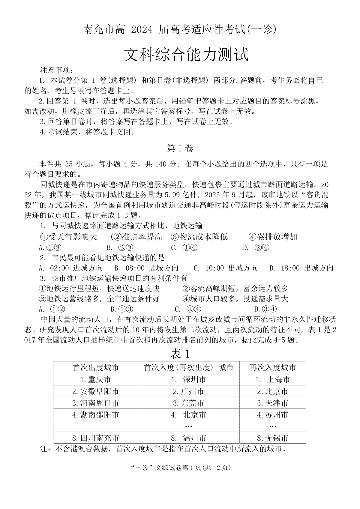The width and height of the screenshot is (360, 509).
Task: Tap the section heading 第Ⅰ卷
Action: coord(180,148)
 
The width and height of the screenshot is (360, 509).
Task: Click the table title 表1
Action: coord(180,354)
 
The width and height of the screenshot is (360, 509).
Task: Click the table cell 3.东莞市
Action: coord(188,403)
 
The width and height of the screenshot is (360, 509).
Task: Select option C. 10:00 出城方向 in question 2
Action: coord(226,268)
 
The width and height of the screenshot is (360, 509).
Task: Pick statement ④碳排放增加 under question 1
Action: coord(273,237)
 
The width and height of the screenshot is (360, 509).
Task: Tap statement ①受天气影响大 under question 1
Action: coord(69,237)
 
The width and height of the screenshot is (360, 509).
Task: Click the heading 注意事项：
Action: coord(56,70)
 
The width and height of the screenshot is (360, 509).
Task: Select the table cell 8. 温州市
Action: coord(188,438)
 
